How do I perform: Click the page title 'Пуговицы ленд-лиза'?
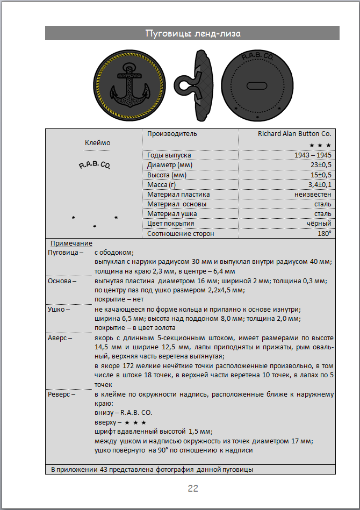click(x=192, y=33)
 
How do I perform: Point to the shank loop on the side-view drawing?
click(x=188, y=86)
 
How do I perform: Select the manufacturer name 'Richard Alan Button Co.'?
click(x=294, y=134)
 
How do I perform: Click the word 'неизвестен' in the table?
click(x=313, y=194)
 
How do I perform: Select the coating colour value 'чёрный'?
click(x=319, y=224)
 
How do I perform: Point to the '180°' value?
click(x=324, y=233)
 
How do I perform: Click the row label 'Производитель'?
click(x=172, y=134)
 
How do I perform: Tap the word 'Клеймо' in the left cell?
click(x=97, y=143)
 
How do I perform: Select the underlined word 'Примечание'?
click(x=71, y=243)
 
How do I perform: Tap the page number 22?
click(x=193, y=488)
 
